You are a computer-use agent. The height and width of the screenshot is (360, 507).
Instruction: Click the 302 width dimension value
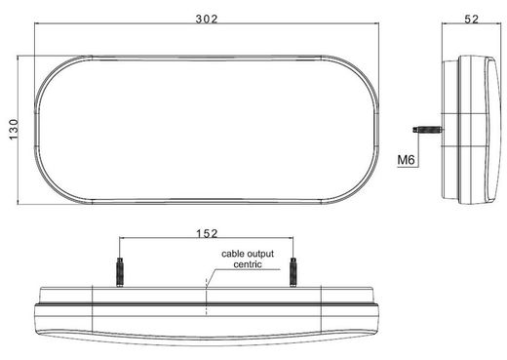click(207, 20)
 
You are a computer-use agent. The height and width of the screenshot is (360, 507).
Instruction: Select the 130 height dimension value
click(14, 130)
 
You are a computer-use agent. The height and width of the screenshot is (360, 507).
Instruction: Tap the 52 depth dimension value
click(471, 20)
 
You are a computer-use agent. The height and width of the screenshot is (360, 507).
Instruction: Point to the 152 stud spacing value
click(207, 233)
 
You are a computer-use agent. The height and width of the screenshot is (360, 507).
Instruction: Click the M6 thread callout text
click(407, 160)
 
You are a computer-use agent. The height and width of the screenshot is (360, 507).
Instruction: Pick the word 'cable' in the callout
click(232, 254)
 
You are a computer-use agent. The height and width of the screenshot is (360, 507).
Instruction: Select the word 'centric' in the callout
click(248, 264)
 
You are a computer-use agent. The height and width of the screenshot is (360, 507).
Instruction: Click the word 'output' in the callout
click(260, 254)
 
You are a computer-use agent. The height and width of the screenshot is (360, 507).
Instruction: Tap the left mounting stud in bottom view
click(120, 272)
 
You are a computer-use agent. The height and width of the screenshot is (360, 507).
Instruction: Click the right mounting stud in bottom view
click(292, 272)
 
